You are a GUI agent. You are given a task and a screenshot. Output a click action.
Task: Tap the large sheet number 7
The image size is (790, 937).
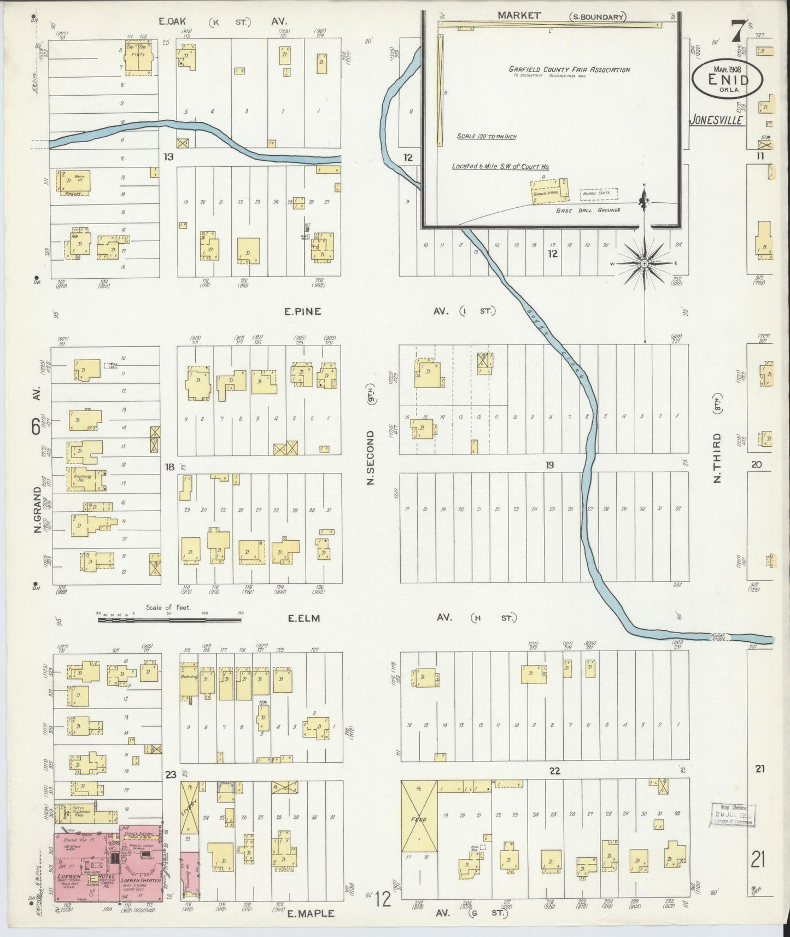tap(738, 30)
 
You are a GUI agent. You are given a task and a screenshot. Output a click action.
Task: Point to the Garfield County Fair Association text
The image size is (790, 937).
tap(569, 70)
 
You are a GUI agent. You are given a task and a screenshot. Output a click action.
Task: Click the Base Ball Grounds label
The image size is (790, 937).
tap(588, 210)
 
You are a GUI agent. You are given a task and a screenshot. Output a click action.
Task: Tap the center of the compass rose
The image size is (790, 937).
tap(645, 263)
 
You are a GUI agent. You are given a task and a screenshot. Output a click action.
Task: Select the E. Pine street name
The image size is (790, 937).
tap(302, 312)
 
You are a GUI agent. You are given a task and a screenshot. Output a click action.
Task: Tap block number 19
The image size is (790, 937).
tap(549, 465)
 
